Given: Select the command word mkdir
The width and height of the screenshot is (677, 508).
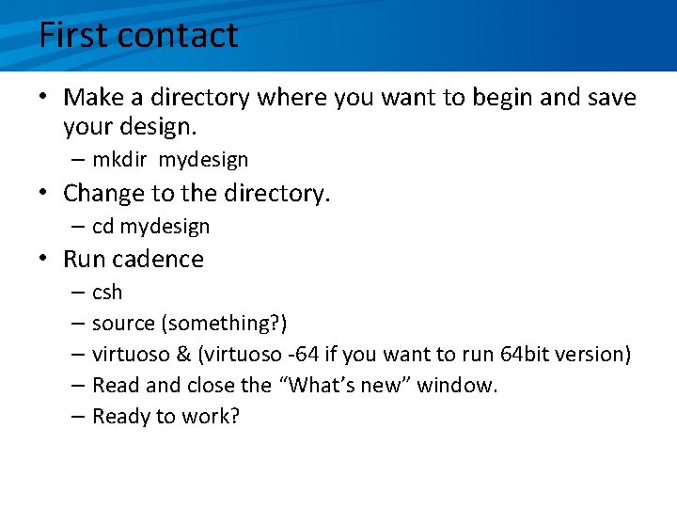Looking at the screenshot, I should click(121, 161).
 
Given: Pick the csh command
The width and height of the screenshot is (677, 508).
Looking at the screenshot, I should click(107, 293).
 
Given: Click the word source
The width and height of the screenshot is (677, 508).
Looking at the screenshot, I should click(123, 324).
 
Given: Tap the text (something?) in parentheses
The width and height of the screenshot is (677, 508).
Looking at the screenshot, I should click(224, 324).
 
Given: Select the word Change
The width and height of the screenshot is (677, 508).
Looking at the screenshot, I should click(105, 194).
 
